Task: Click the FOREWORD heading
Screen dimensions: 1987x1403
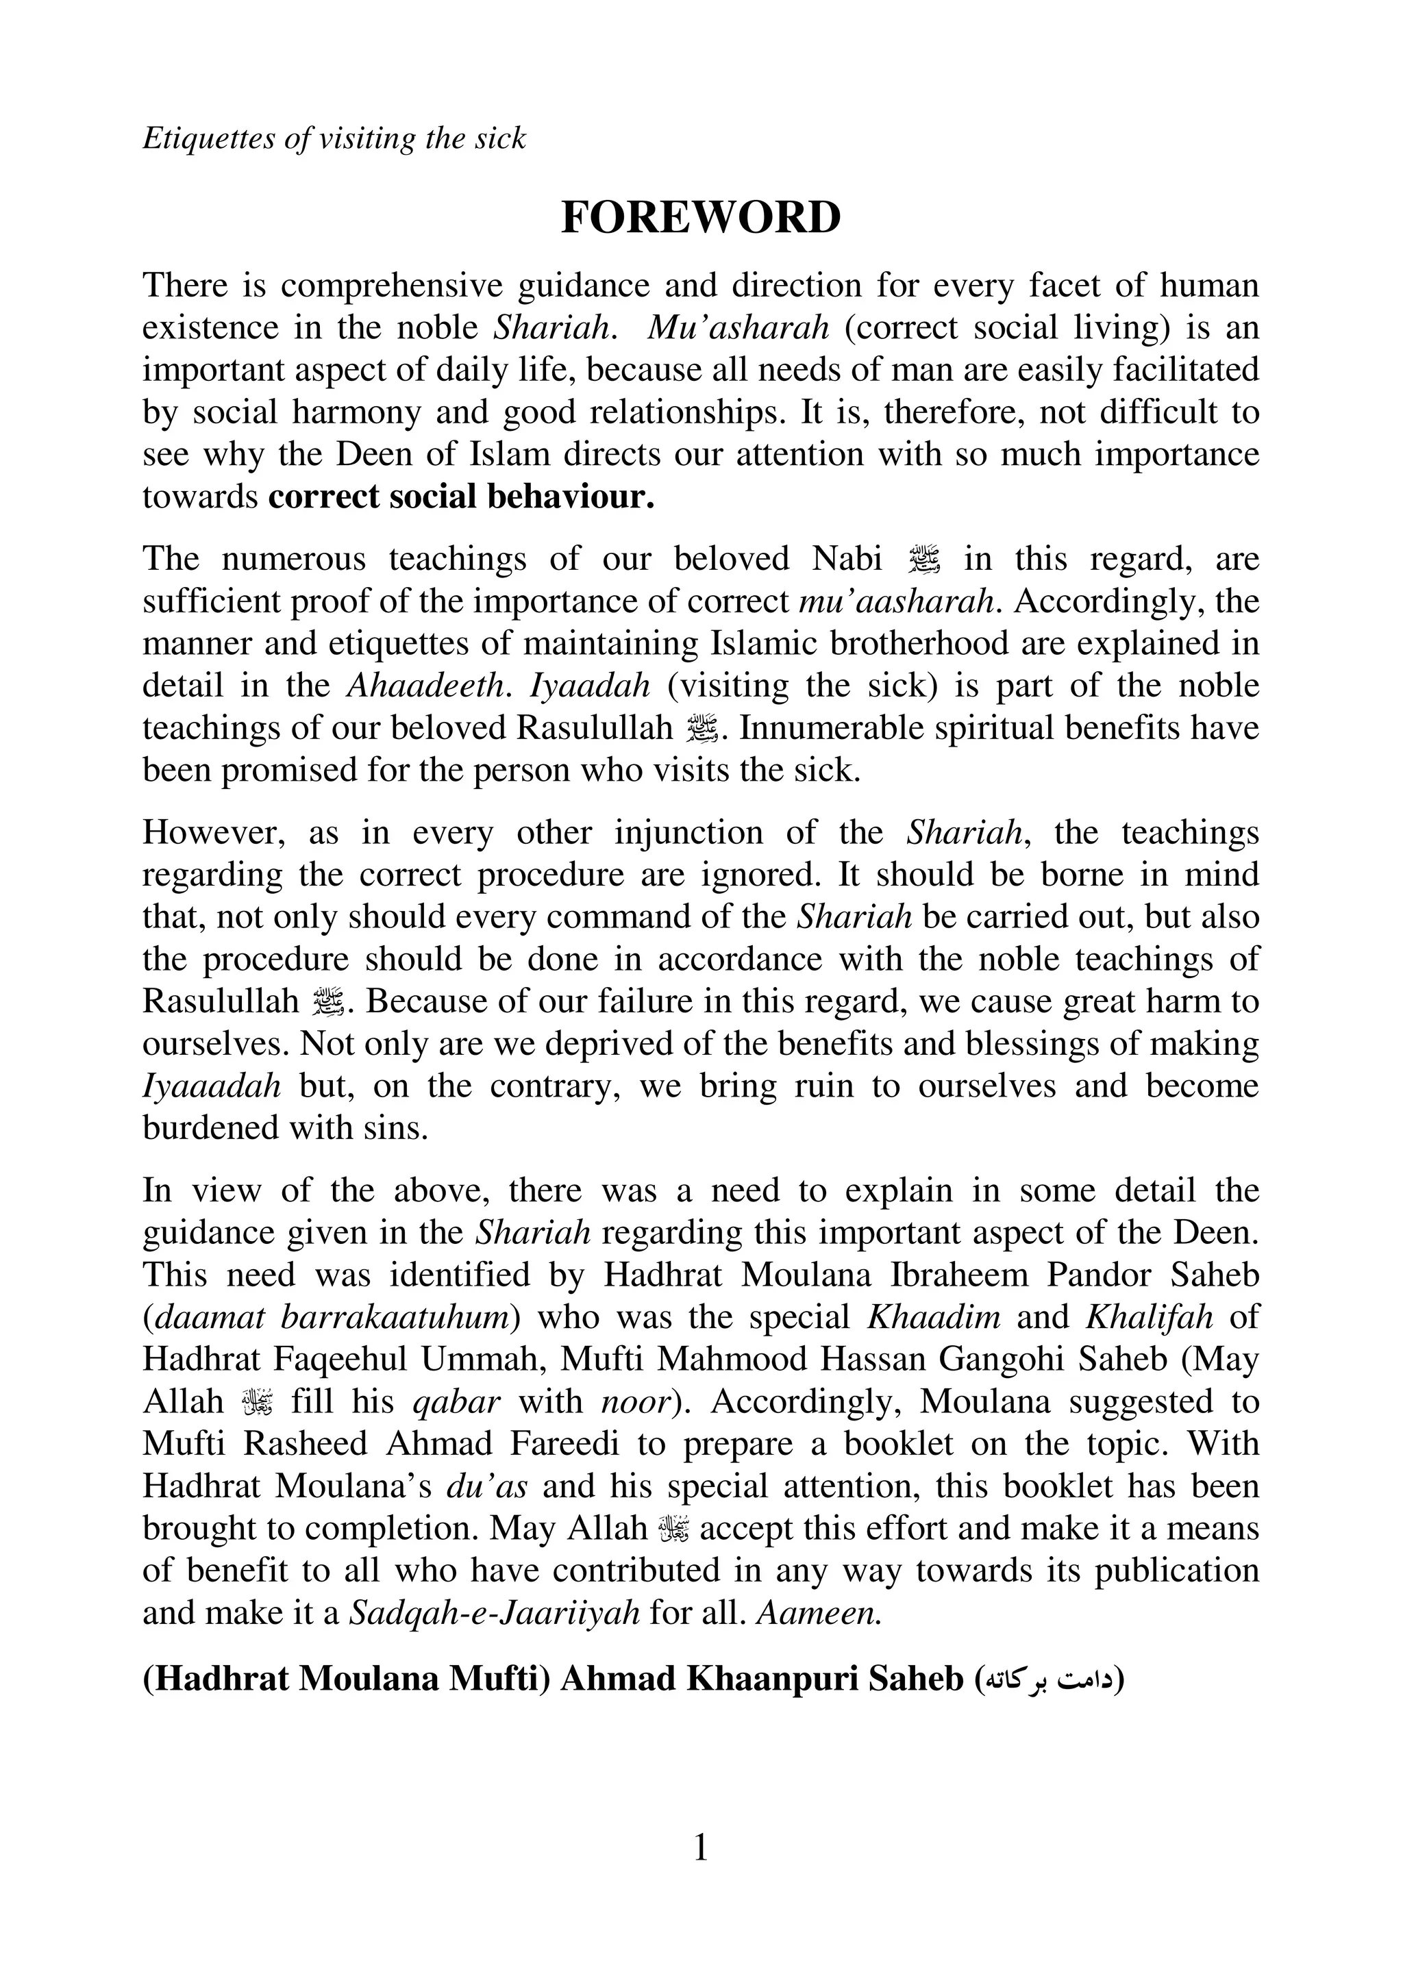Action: [701, 217]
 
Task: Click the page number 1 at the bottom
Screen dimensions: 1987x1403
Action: [701, 1849]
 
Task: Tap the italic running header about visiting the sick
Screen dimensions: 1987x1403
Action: [334, 138]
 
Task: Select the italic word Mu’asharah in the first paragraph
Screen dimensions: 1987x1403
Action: [738, 328]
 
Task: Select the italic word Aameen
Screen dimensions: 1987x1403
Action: [819, 1614]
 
